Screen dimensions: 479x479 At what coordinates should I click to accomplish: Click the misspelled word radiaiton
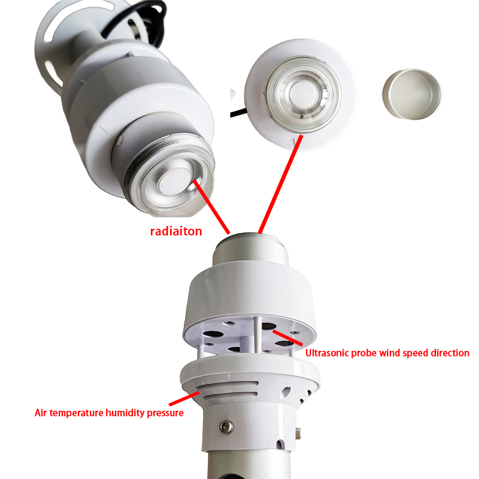click(176, 231)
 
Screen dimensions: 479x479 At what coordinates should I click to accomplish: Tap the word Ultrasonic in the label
click(327, 353)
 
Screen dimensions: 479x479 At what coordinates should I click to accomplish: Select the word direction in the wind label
click(450, 353)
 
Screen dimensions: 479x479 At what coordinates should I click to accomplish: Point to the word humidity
click(125, 413)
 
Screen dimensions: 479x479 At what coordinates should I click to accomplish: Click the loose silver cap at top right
click(411, 94)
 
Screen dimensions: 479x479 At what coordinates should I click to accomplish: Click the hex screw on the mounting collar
click(227, 426)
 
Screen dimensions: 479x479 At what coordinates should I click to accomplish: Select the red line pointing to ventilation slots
click(184, 398)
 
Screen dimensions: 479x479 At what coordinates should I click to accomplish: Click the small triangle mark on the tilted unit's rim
click(106, 129)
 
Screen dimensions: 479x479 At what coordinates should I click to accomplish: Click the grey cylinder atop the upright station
click(250, 249)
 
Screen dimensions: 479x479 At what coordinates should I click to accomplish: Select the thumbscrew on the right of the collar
click(298, 433)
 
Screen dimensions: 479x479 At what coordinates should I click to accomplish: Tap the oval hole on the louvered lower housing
click(286, 392)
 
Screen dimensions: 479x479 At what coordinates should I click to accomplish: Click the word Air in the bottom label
click(41, 413)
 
